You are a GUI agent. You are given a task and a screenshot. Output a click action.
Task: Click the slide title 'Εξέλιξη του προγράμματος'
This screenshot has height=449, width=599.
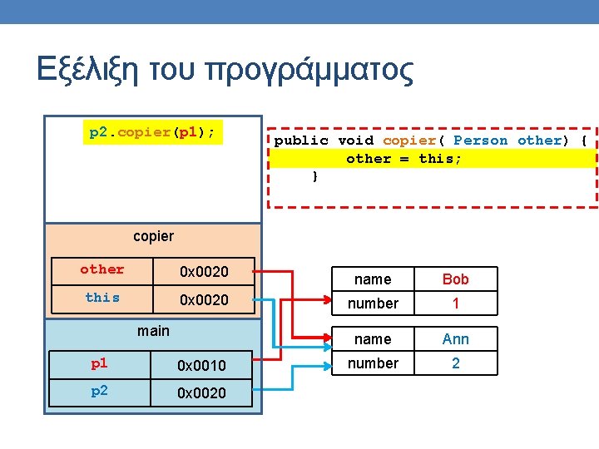point(225,70)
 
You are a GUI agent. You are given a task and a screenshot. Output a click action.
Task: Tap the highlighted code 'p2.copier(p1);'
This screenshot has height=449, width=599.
point(153,132)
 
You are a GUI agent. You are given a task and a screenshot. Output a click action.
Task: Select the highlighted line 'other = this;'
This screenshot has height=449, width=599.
point(403,158)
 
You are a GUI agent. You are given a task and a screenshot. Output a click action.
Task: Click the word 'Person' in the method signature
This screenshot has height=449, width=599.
point(480,141)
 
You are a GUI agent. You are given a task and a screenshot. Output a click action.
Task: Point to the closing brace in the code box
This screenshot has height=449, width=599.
point(314,176)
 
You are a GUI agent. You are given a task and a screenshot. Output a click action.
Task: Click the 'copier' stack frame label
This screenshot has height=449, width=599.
point(154,236)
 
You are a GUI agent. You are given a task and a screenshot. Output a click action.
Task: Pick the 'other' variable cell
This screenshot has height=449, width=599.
point(102,269)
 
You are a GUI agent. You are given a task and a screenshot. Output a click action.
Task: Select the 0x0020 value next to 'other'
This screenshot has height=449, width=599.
point(204,271)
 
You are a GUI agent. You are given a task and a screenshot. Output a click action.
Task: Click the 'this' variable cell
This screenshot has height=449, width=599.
point(102,298)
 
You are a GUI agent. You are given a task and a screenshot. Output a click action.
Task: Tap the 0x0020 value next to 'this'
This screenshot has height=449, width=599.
point(204,299)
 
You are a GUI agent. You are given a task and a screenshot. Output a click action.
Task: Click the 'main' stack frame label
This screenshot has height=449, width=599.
point(153,331)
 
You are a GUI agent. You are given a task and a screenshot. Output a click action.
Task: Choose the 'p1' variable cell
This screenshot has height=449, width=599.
point(99,363)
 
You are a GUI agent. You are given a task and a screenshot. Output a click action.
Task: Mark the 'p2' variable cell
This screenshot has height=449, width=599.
point(99,392)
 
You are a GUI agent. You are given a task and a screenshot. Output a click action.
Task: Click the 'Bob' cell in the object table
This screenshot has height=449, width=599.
point(456,279)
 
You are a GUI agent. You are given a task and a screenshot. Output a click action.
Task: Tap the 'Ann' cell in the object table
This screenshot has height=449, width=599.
point(456,339)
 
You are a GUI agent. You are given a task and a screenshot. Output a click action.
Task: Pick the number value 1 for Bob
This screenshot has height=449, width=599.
point(456,303)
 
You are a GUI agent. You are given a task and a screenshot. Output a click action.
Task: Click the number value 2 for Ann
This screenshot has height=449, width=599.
point(456,363)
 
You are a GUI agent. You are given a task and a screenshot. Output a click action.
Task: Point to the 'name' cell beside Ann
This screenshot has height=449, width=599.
point(373,339)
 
